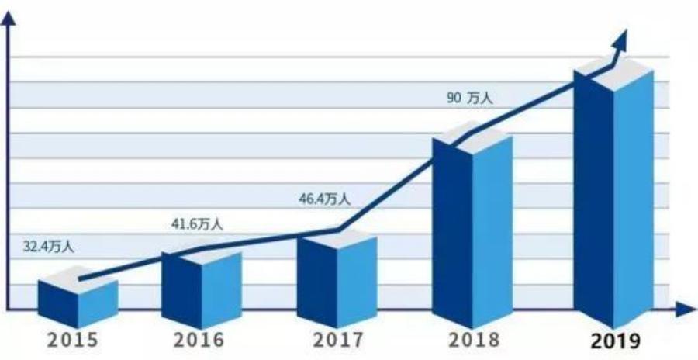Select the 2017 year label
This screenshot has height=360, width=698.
(x=338, y=339)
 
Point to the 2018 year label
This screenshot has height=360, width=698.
(x=474, y=339)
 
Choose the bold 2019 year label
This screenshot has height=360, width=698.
(x=614, y=341)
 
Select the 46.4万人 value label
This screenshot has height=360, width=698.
(x=324, y=199)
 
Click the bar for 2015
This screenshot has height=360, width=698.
(x=78, y=299)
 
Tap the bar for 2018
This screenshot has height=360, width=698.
(x=472, y=233)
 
